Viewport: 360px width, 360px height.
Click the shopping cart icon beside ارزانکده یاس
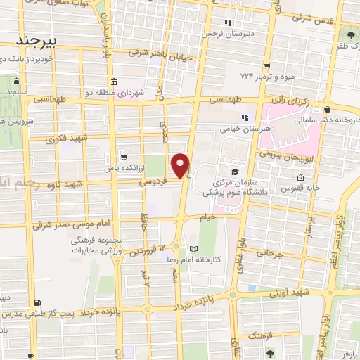tap(124, 157)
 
